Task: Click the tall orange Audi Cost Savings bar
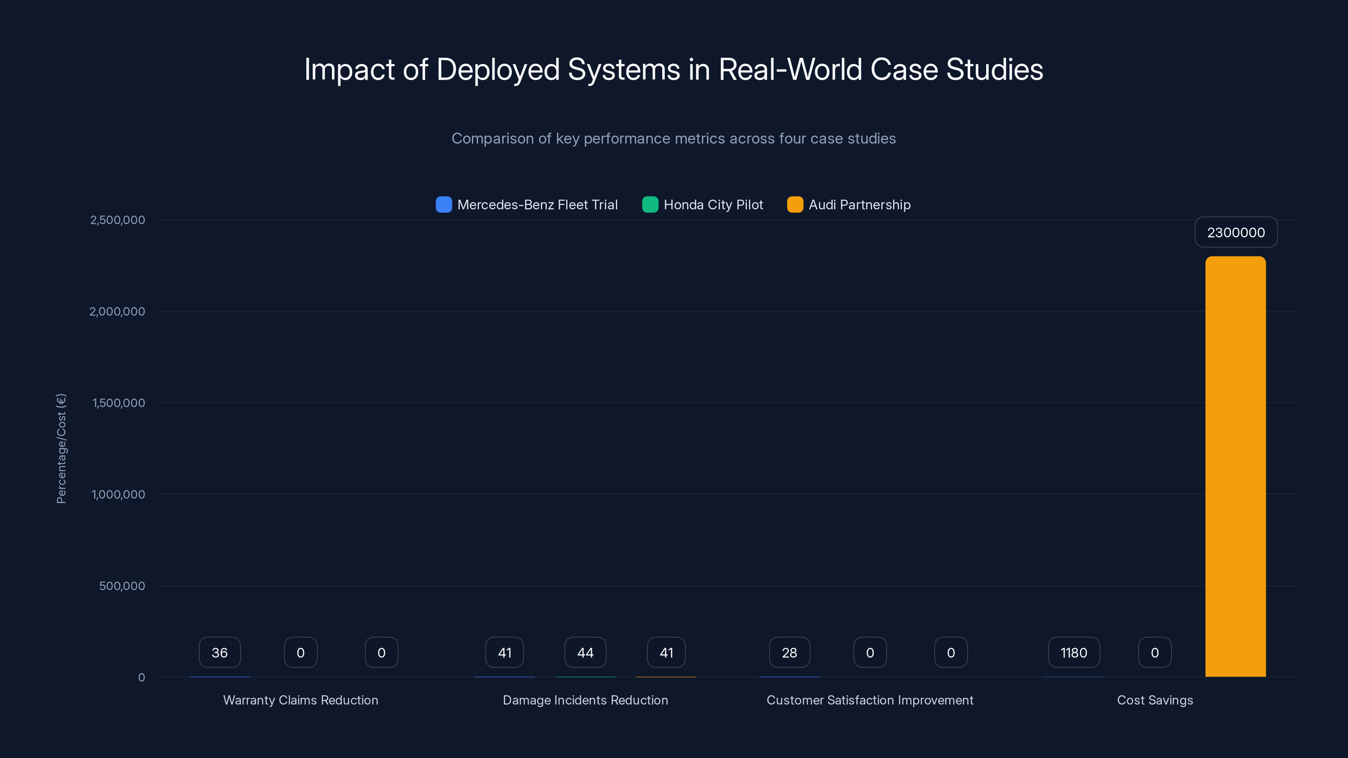click(x=1235, y=466)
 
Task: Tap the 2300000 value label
click(x=1236, y=232)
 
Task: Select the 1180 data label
click(x=1073, y=652)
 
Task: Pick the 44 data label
click(x=585, y=652)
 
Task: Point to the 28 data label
click(x=789, y=652)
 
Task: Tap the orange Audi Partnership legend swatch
click(x=795, y=205)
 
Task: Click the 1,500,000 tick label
click(x=118, y=403)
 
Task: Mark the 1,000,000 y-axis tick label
click(x=118, y=494)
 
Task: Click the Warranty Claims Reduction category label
click(x=300, y=700)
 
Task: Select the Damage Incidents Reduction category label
click(x=585, y=700)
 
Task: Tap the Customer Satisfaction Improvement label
click(x=870, y=700)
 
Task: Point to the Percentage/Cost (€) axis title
click(x=61, y=448)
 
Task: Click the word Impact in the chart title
click(x=349, y=69)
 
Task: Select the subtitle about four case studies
click(x=674, y=138)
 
